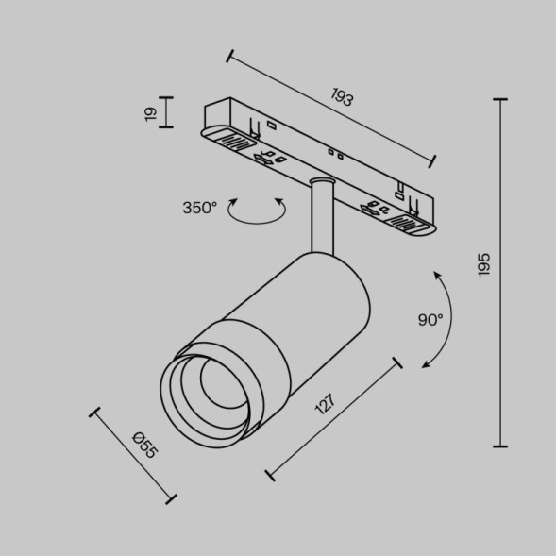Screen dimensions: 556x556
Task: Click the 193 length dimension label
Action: tap(343, 97)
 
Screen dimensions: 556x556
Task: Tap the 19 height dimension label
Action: tap(150, 113)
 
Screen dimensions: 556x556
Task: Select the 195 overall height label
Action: tap(483, 266)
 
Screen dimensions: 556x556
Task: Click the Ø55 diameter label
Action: tap(144, 444)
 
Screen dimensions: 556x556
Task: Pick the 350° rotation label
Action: tap(199, 208)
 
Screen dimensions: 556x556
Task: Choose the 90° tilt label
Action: tap(430, 320)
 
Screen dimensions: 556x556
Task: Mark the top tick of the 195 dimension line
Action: tap(499, 99)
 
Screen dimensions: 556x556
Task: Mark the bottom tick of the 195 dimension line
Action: tap(499, 446)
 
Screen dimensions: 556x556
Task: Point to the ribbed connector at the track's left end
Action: tap(236, 143)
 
